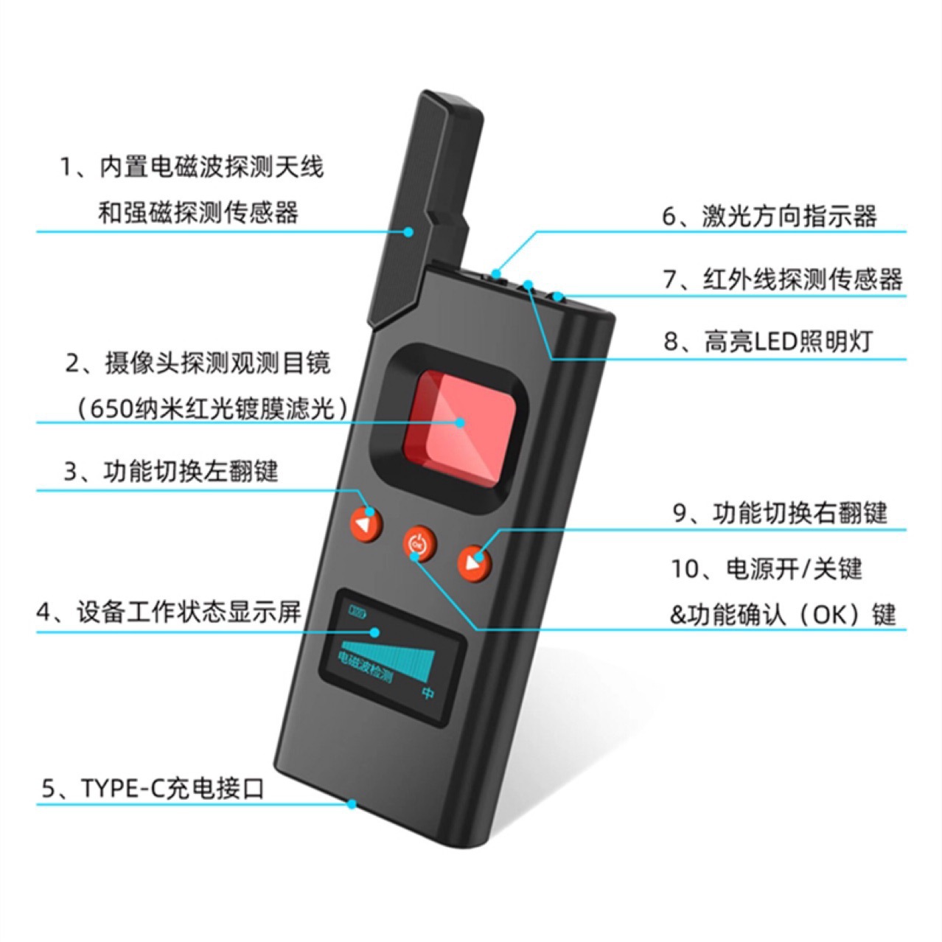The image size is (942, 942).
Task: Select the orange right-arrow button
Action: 474,563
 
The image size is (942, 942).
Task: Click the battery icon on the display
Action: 357,612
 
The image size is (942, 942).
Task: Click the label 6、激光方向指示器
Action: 770,215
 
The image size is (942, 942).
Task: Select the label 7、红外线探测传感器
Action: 783,279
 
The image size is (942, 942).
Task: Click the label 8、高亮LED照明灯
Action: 767,342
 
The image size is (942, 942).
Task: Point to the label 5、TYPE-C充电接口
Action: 153,788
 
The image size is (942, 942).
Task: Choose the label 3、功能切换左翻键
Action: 171,472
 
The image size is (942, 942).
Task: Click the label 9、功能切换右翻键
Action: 780,513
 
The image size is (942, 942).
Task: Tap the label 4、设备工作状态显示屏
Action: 170,612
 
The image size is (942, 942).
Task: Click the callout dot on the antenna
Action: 408,231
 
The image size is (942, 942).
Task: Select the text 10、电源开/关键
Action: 767,569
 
